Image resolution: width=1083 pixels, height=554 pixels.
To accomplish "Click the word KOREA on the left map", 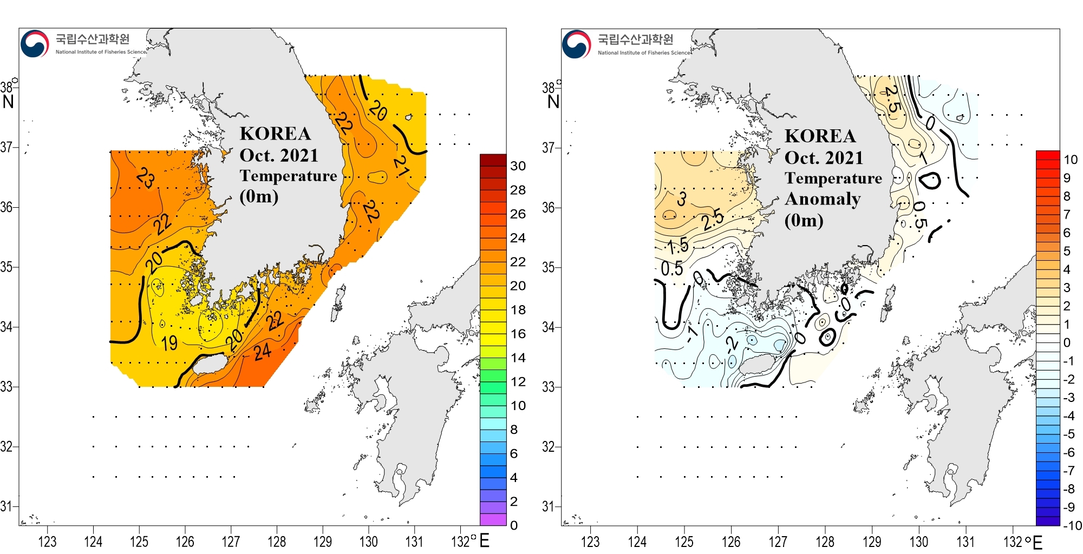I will [x=275, y=134].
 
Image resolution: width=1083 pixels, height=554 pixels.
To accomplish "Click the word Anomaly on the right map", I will [x=823, y=199].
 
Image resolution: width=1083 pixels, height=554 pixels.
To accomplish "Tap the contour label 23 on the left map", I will [x=146, y=177].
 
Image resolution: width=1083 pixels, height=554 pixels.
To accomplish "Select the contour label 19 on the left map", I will [x=169, y=342].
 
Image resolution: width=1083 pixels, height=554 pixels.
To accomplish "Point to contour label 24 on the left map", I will [x=263, y=352].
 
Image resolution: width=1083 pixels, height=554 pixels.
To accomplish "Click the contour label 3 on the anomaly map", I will [x=682, y=199].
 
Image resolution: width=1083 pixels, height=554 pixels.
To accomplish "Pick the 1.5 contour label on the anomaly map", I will [x=677, y=247].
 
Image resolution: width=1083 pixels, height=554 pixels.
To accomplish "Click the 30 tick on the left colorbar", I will [x=518, y=166].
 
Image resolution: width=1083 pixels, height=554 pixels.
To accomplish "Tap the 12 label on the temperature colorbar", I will [x=518, y=382].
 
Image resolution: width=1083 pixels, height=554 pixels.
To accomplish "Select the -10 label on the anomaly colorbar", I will [x=1072, y=525].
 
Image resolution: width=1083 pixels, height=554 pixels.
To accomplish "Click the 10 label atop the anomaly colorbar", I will [x=1070, y=160].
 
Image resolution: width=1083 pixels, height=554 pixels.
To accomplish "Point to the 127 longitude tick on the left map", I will [x=231, y=541].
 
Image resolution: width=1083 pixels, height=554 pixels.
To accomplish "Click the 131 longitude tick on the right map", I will [x=965, y=542].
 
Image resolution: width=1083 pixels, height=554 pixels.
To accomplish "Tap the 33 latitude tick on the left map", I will [x=6, y=387].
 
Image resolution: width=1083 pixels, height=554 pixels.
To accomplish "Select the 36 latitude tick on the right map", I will [x=549, y=207].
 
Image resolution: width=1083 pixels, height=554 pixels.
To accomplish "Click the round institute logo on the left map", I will [x=35, y=44].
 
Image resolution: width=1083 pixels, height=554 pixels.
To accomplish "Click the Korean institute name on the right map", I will [x=635, y=39].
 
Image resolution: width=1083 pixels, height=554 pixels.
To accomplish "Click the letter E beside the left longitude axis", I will [x=484, y=540].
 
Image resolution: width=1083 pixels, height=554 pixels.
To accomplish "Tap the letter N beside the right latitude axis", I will [x=553, y=102].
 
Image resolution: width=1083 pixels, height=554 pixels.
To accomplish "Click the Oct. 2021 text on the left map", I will [x=279, y=155].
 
